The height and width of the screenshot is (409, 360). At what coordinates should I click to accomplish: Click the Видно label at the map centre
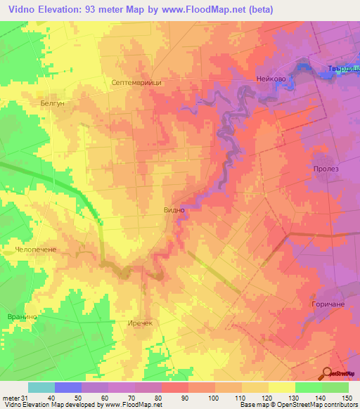[174, 209]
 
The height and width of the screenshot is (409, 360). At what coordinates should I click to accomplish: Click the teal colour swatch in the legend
[41, 387]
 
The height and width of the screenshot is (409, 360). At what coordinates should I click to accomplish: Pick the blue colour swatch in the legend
[68, 387]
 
